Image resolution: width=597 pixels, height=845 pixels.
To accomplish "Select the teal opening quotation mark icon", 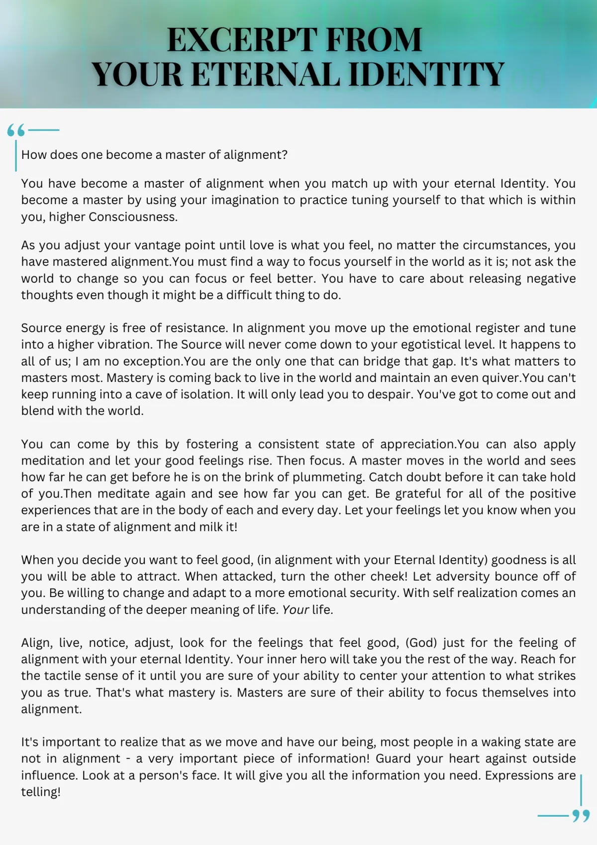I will pos(16,130).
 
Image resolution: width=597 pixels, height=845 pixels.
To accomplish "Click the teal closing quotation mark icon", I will pos(581,816).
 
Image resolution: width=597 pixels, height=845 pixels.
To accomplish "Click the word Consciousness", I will pos(133,217).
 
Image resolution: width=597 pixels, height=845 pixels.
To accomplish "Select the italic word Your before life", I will pos(296,609).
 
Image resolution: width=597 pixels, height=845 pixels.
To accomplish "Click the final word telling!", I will pos(41,792).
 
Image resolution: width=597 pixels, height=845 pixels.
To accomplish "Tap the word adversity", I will pos(468,577).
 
